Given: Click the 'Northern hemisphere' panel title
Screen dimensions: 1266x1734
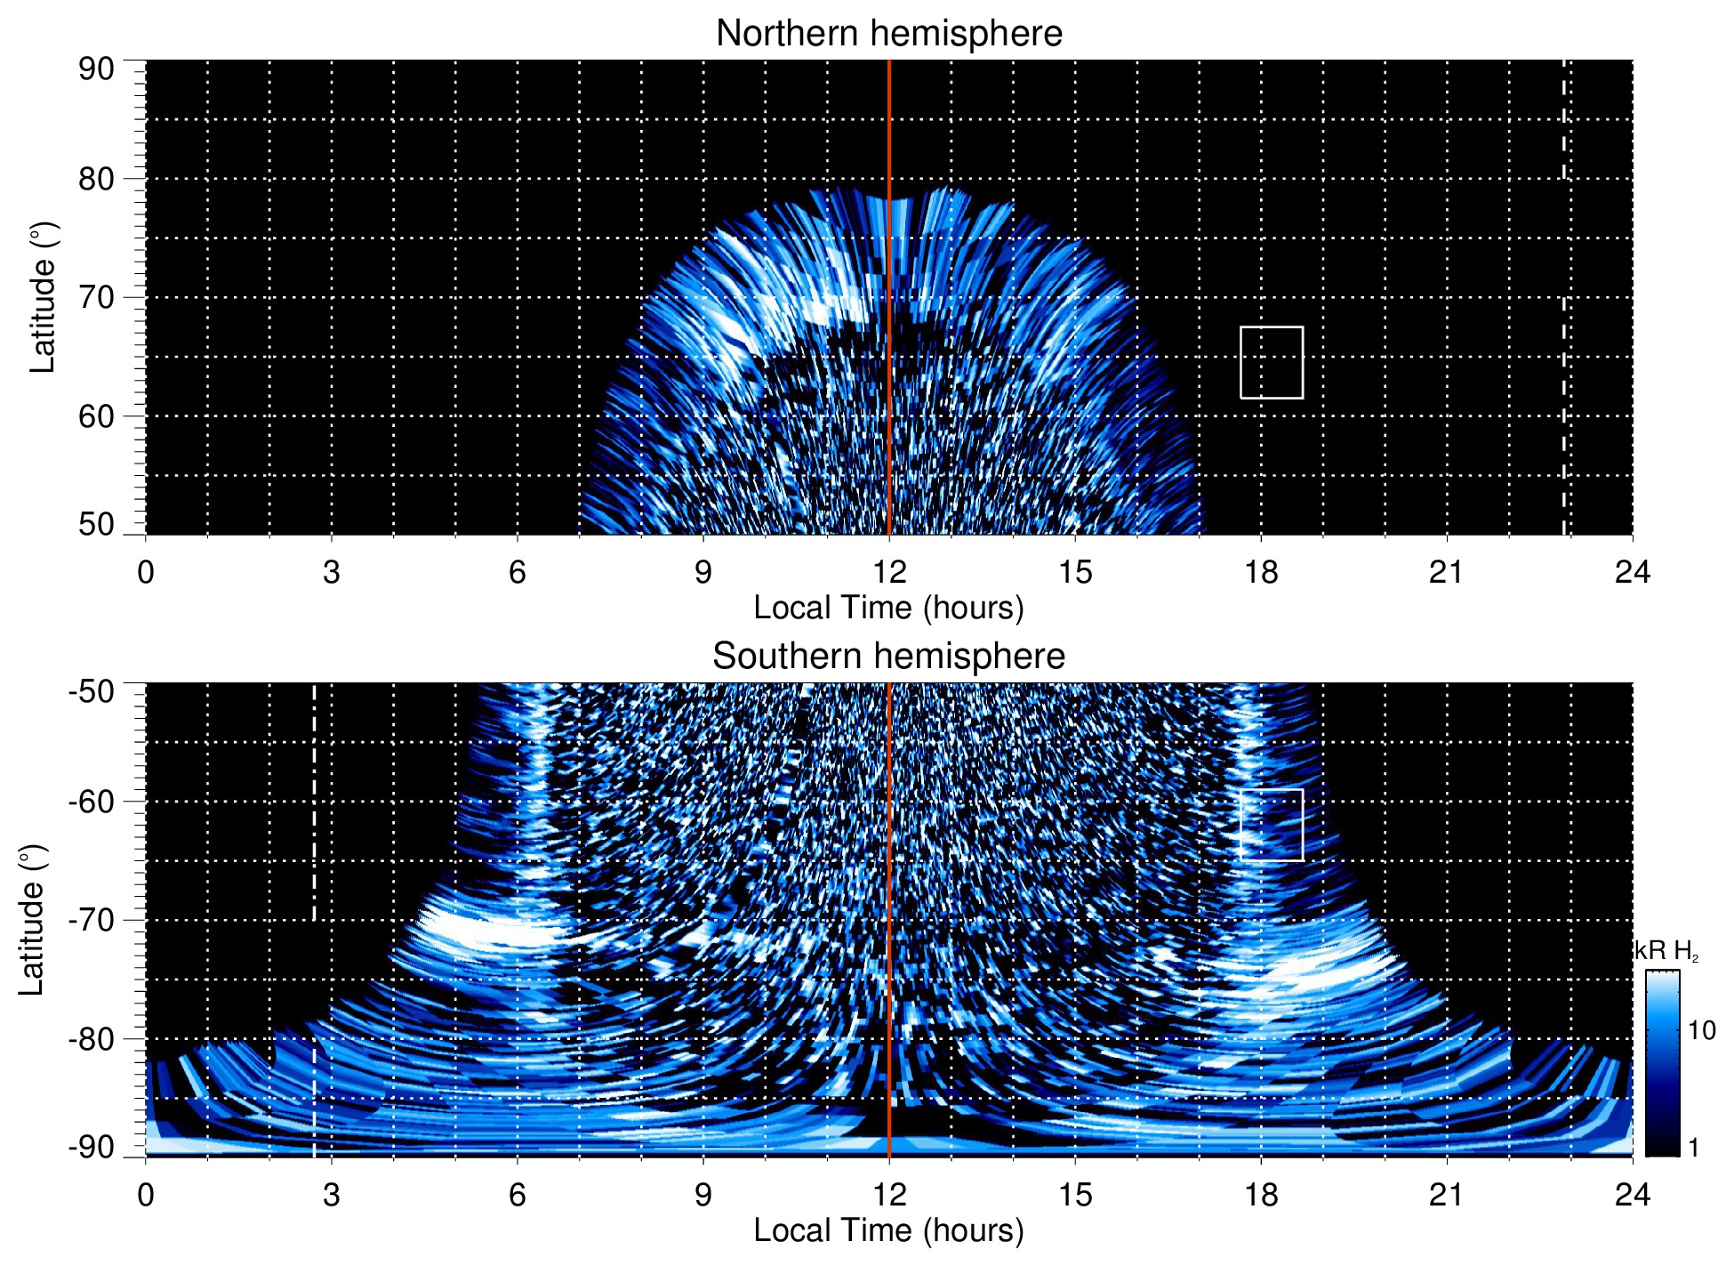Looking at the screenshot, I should point(888,34).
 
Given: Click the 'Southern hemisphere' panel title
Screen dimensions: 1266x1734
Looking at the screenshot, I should point(888,657).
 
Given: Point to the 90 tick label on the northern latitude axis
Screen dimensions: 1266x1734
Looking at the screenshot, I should point(96,69).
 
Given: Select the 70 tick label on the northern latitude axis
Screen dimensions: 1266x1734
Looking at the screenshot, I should point(96,297).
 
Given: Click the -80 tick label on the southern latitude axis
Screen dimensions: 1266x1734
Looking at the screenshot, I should point(92,1038).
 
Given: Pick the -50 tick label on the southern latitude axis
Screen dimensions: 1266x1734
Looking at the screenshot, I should point(92,691).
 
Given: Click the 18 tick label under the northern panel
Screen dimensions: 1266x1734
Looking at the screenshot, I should point(1261,572).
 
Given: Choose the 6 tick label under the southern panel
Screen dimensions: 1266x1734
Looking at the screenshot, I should point(517,1195).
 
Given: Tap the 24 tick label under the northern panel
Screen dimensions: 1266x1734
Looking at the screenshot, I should point(1632,572).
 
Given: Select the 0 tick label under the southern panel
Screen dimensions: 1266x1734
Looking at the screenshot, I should point(146,1195).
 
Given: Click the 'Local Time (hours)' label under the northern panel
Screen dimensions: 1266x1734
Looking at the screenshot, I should point(888,608).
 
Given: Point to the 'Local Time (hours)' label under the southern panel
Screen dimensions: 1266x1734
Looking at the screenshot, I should point(888,1230).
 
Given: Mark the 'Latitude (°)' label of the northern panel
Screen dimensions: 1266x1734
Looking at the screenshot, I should point(43,297).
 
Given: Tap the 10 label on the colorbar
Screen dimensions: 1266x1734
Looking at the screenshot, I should point(1701,1031).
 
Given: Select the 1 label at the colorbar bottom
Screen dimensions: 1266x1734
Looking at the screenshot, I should point(1693,1148).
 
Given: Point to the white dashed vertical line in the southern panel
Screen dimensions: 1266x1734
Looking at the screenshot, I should point(314,801).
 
